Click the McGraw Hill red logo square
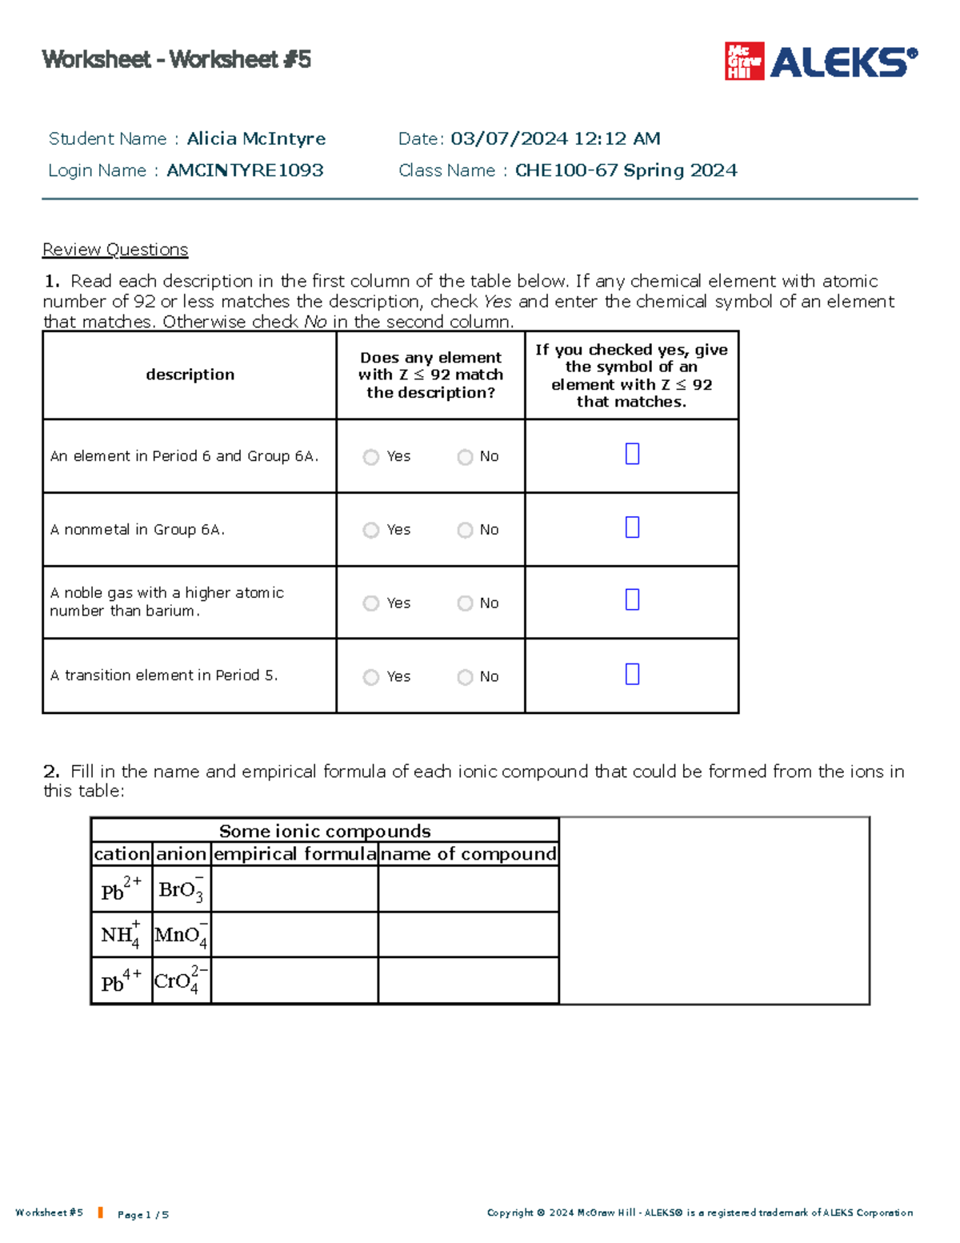click(743, 61)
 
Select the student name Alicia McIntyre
click(256, 138)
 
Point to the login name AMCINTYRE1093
click(245, 170)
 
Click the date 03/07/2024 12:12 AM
click(555, 138)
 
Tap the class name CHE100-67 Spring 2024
click(626, 170)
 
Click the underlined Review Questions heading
click(115, 250)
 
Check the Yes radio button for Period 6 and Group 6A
click(370, 457)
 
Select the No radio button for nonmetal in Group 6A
click(465, 531)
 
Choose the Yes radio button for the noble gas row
click(370, 603)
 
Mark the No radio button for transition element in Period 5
click(465, 677)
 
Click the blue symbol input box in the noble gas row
click(632, 600)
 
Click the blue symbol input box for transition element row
click(632, 674)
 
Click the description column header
click(190, 375)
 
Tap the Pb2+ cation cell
click(122, 889)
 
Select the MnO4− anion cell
click(182, 935)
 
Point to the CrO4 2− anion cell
click(182, 980)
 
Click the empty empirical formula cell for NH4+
click(294, 935)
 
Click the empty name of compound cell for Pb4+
click(468, 980)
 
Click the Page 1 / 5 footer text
click(143, 1214)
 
